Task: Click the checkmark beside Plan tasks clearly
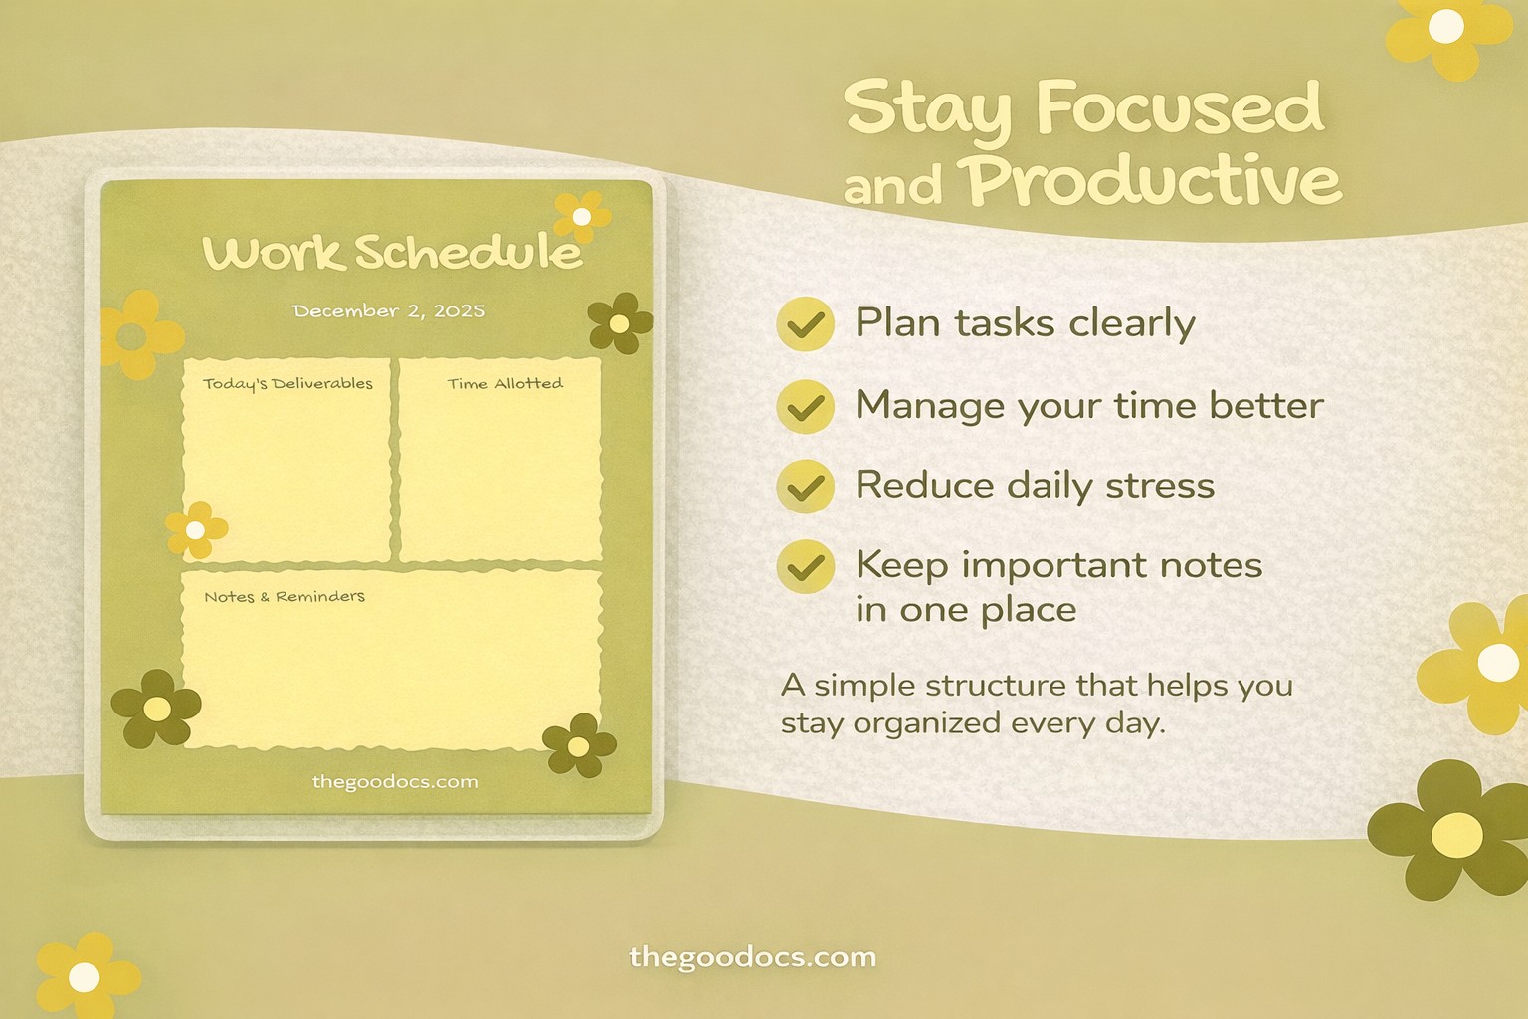pyautogui.click(x=805, y=324)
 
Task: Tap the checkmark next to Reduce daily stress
pyautogui.click(x=805, y=487)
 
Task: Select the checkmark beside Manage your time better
pyautogui.click(x=805, y=406)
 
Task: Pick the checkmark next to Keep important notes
pyautogui.click(x=805, y=567)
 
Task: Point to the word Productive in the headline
pyautogui.click(x=1154, y=181)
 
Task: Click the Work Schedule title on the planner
pyautogui.click(x=392, y=253)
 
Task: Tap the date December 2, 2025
pyautogui.click(x=389, y=311)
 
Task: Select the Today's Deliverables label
pyautogui.click(x=287, y=384)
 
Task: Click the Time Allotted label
pyautogui.click(x=504, y=384)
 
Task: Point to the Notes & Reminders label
pyautogui.click(x=285, y=597)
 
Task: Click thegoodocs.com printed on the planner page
pyautogui.click(x=395, y=782)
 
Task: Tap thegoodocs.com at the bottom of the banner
pyautogui.click(x=753, y=958)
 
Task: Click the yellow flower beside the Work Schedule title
pyautogui.click(x=581, y=216)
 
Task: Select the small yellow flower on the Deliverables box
pyautogui.click(x=196, y=529)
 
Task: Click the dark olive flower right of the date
pyautogui.click(x=619, y=323)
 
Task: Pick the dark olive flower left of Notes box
pyautogui.click(x=156, y=709)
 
